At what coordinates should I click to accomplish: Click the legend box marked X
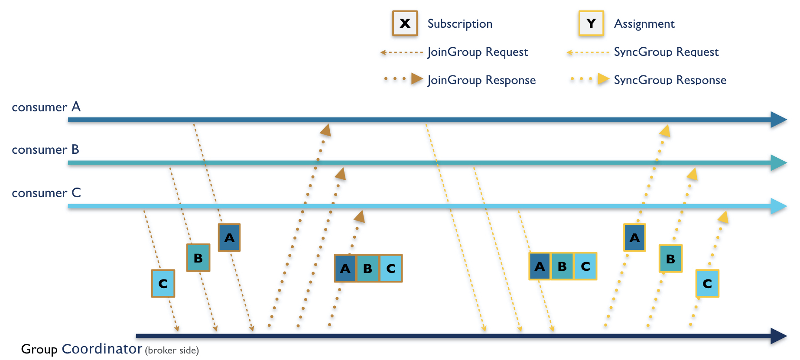[x=405, y=23]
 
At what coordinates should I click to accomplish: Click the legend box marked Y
[x=591, y=23]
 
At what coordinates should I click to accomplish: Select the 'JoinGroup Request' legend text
[x=477, y=52]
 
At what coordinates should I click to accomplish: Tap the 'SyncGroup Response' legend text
[x=670, y=80]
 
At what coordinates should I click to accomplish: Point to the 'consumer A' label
[x=46, y=107]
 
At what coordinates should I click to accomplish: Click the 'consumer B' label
[x=45, y=149]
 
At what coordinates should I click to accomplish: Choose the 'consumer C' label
[x=46, y=193]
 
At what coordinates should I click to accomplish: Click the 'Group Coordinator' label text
[x=81, y=349]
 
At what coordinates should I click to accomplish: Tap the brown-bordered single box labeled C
[x=163, y=283]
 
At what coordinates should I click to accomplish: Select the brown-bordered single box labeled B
[x=198, y=258]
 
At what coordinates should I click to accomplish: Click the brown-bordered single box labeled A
[x=229, y=237]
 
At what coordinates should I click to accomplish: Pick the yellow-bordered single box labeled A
[x=634, y=237]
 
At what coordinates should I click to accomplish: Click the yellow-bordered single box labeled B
[x=670, y=259]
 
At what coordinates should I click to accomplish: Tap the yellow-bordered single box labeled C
[x=707, y=283]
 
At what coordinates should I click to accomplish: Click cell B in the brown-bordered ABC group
[x=368, y=269]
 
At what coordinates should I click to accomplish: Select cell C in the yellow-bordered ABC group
[x=585, y=266]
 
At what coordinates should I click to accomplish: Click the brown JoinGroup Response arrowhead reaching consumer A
[x=326, y=130]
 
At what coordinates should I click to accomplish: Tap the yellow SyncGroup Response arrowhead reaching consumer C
[x=723, y=217]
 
